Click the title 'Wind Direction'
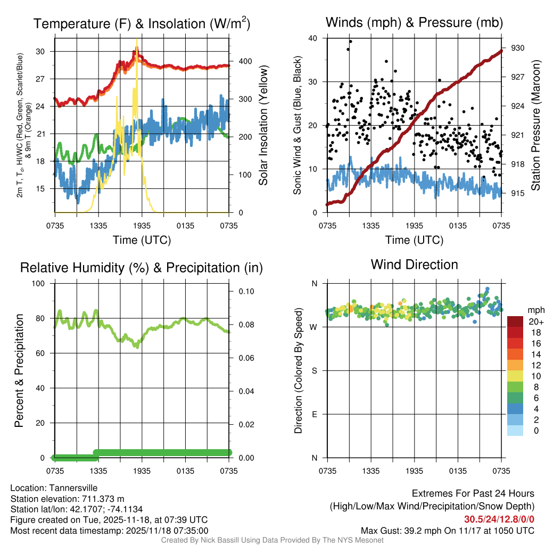click(414, 265)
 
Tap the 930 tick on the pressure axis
click(518, 48)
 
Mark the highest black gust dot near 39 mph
click(350, 42)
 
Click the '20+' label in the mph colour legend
click(535, 321)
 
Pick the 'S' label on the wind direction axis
click(314, 370)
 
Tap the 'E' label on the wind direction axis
click(314, 414)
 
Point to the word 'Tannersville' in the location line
click(72, 488)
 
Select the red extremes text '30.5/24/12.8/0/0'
click(499, 519)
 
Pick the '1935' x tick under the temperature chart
click(142, 225)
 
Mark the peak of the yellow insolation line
click(137, 40)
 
